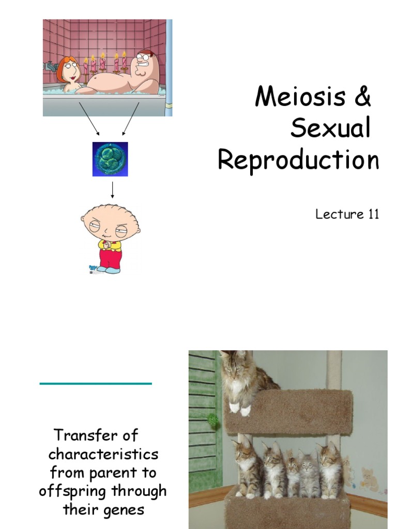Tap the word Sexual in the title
click(x=330, y=129)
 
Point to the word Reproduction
click(x=298, y=160)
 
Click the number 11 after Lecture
click(x=373, y=214)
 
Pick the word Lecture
click(x=340, y=214)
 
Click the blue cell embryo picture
click(x=110, y=159)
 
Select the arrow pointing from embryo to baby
click(x=112, y=190)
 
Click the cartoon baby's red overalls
click(x=110, y=258)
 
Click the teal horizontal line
click(x=96, y=383)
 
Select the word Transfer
click(x=96, y=435)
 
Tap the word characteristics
click(x=103, y=454)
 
